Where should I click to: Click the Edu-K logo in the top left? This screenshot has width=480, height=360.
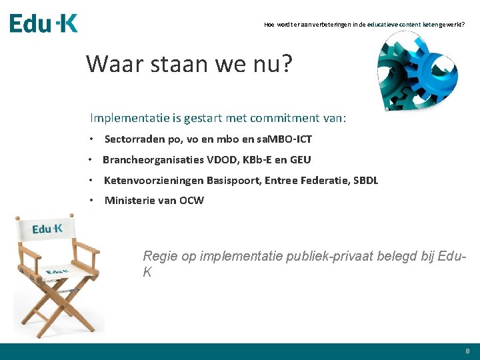pos(43,23)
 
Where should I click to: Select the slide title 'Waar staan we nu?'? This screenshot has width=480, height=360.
pos(189,64)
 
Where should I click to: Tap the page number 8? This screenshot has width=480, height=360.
pos(467,351)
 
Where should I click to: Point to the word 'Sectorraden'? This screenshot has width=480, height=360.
pos(135,139)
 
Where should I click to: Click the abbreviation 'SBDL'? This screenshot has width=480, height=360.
pos(365,181)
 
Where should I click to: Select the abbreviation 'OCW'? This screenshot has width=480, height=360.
pos(191,201)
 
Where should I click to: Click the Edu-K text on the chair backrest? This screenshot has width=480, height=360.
pos(48,229)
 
